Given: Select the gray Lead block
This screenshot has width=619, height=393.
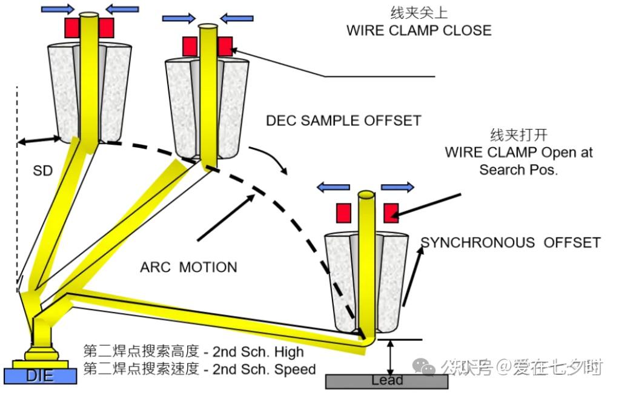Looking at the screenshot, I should pyautogui.click(x=386, y=381).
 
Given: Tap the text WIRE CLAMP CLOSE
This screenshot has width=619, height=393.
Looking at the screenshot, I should pyautogui.click(x=419, y=30).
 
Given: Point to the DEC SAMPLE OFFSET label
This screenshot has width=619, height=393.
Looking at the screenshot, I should pyautogui.click(x=343, y=121).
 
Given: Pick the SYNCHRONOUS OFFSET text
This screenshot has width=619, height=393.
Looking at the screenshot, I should pyautogui.click(x=511, y=243).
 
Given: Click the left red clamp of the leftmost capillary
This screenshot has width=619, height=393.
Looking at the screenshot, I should pyautogui.click(x=72, y=27).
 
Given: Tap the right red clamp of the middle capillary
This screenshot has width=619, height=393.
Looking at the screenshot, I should pyautogui.click(x=225, y=46).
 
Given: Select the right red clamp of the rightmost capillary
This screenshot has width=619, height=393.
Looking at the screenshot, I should pyautogui.click(x=391, y=212).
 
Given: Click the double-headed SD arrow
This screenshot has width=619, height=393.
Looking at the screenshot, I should pyautogui.click(x=40, y=140).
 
